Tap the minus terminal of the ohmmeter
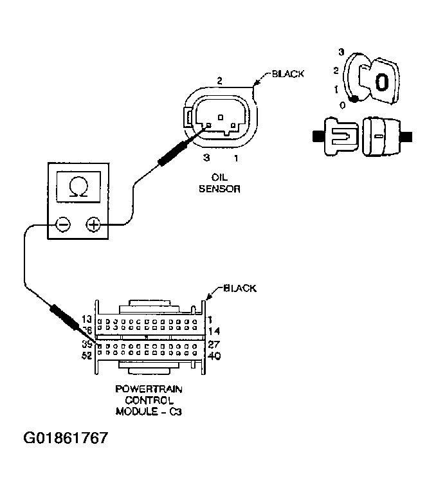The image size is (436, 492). click(x=63, y=224)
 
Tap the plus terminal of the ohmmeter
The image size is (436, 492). click(x=93, y=224)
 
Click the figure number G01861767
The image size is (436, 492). click(x=66, y=439)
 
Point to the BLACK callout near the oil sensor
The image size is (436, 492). click(x=287, y=74)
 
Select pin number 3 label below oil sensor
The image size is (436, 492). click(x=206, y=157)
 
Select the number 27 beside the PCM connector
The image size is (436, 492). click(x=215, y=343)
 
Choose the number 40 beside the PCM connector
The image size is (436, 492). click(x=215, y=355)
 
